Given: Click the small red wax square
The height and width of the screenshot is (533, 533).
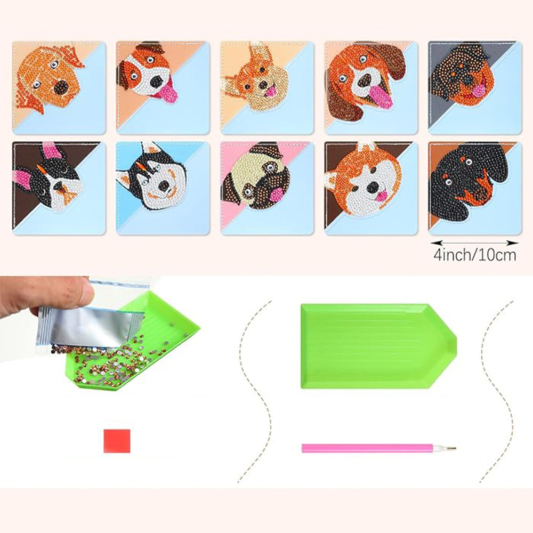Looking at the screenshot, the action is (x=117, y=441).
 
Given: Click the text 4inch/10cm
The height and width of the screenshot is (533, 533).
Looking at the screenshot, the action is (x=474, y=255).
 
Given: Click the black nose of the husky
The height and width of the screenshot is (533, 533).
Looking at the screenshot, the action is (x=164, y=185).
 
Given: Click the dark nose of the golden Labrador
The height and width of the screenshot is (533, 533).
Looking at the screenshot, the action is (x=61, y=87).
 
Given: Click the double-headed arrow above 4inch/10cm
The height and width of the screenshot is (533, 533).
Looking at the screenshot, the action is (x=474, y=243).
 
